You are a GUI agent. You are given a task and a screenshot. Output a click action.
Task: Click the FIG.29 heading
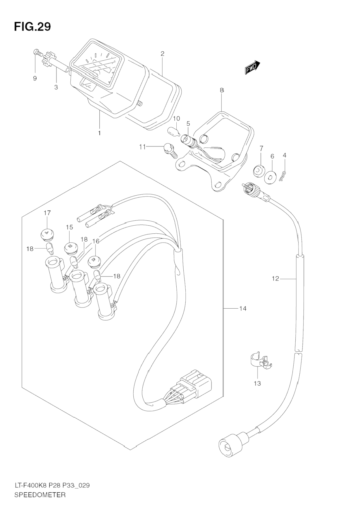[x=32, y=27]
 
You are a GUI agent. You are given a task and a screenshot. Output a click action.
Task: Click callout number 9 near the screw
[x=35, y=78]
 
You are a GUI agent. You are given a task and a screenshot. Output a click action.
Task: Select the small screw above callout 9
[x=37, y=52]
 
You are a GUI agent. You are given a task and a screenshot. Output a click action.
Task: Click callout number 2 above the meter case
[x=163, y=53]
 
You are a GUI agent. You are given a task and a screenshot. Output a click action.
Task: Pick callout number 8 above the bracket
[x=222, y=90]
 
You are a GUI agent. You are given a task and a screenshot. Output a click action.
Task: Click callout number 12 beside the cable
[x=275, y=279]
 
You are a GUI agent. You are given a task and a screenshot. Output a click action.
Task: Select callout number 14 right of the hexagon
[x=243, y=309]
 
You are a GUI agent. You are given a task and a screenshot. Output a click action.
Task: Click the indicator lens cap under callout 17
[x=46, y=233]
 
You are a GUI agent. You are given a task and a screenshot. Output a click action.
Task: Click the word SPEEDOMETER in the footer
[x=40, y=495]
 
